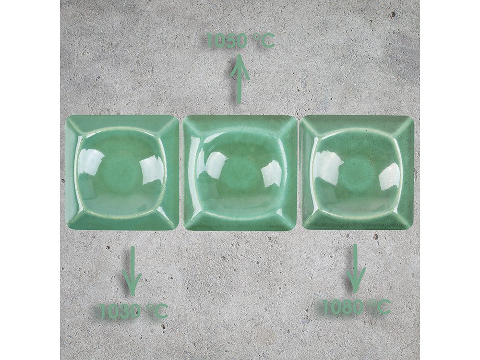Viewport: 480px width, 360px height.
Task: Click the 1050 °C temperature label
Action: point(240,40)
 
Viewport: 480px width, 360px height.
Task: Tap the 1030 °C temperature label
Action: point(134,311)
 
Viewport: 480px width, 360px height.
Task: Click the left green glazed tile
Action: point(122,172)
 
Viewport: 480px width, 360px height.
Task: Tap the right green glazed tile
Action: point(357,172)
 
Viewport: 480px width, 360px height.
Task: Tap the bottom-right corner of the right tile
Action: point(412,228)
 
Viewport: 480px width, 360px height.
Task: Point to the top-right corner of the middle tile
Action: point(295,118)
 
